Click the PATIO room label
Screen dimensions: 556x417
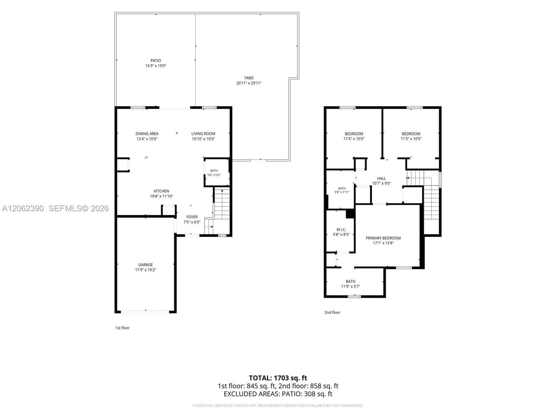(x=156, y=60)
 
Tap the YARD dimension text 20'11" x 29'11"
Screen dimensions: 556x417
(x=248, y=83)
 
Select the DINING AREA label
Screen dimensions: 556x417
(x=147, y=134)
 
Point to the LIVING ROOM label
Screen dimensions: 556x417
(x=203, y=134)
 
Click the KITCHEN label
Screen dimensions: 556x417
(x=161, y=191)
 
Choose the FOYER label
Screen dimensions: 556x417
(x=192, y=217)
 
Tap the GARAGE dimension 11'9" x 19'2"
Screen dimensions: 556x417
(x=145, y=270)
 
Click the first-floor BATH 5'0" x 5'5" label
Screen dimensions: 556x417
(x=214, y=173)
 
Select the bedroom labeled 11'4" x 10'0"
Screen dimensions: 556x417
(x=354, y=136)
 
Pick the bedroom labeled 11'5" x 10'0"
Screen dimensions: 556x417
(x=411, y=136)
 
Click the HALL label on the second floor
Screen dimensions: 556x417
(x=381, y=179)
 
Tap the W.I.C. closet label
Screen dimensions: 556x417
(x=341, y=230)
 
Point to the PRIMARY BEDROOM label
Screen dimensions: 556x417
(x=383, y=238)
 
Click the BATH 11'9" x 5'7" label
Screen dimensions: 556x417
(x=350, y=284)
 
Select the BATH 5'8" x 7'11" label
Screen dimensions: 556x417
(x=342, y=190)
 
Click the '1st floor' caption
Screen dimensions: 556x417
(x=122, y=328)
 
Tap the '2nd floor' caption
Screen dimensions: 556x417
(x=332, y=312)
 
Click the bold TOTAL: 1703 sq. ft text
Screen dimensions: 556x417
(x=278, y=378)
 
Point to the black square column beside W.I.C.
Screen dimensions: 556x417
(x=350, y=213)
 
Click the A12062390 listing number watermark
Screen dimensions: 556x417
(x=23, y=208)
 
